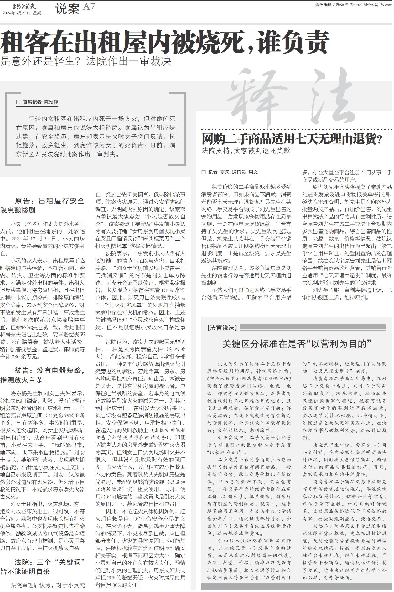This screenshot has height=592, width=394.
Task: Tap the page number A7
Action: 89,7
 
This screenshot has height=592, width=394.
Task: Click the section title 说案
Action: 67,9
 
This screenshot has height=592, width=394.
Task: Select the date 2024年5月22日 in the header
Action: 16,13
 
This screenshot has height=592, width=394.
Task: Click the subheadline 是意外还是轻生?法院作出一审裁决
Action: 86,61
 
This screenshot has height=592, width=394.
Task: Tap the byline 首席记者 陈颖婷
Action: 40,102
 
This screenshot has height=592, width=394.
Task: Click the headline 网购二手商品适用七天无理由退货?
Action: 292,139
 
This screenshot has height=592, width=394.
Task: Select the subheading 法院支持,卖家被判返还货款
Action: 246,151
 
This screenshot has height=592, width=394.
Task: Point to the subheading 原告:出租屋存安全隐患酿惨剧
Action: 43,205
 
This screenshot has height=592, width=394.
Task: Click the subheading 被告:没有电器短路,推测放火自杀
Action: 43,375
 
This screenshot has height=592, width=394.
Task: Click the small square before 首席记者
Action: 18,102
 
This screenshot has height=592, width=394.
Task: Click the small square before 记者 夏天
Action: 204,172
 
